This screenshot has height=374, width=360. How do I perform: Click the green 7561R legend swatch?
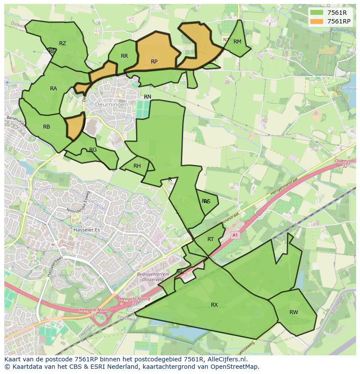pyautogui.click(x=317, y=13)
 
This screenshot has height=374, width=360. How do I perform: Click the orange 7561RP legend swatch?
pyautogui.click(x=317, y=21)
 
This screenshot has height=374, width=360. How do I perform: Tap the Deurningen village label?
pyautogui.click(x=112, y=105)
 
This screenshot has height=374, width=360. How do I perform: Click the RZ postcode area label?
pyautogui.click(x=63, y=43)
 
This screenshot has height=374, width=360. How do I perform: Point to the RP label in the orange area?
pyautogui.click(x=154, y=62)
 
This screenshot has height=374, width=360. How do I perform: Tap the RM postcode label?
pyautogui.click(x=237, y=42)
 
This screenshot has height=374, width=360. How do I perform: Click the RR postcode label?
pyautogui.click(x=124, y=56)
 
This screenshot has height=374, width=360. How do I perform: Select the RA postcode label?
pyautogui.click(x=53, y=89)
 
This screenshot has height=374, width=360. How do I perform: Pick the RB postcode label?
pyautogui.click(x=47, y=127)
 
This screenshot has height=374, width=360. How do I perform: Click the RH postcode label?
pyautogui.click(x=137, y=166)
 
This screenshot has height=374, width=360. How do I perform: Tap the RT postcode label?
pyautogui.click(x=210, y=239)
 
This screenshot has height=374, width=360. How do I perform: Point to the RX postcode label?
pyautogui.click(x=214, y=305)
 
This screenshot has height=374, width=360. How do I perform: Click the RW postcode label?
pyautogui.click(x=294, y=312)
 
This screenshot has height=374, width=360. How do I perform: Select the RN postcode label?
pyautogui.click(x=147, y=97)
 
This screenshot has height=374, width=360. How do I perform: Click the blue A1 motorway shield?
pyautogui.click(x=235, y=235)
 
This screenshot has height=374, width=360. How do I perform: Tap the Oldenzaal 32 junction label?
pyautogui.click(x=345, y=163)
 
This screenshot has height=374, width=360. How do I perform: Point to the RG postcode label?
pyautogui.click(x=93, y=150)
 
